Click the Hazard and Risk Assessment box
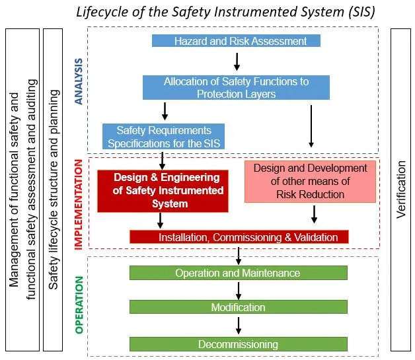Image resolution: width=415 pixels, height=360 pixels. [x=236, y=41]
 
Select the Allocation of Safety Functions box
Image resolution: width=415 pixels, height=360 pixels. [x=236, y=88]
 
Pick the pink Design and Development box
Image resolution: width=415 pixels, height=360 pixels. [x=310, y=180]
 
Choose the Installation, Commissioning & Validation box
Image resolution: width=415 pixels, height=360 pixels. [x=239, y=237]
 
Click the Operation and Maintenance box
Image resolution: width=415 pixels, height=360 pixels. [x=238, y=273]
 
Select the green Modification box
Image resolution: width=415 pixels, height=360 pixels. [x=238, y=307]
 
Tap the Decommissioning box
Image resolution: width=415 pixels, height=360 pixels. [x=238, y=344]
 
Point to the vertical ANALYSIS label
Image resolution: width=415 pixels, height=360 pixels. [x=79, y=81]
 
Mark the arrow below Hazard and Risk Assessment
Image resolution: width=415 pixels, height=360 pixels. [x=237, y=61]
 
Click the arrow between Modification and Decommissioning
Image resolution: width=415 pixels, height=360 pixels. [x=239, y=325]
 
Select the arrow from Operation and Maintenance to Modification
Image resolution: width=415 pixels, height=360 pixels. [x=239, y=290]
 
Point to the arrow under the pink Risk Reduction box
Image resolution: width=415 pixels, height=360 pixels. [x=314, y=214]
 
